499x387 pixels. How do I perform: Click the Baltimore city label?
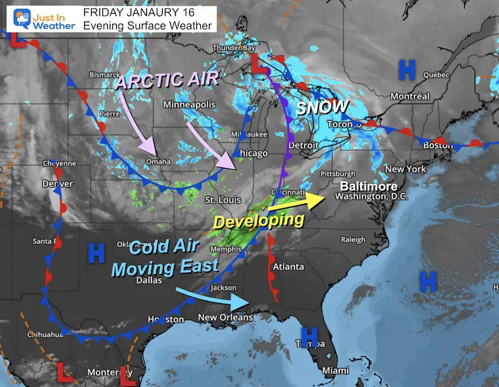pyautogui.click(x=364, y=186)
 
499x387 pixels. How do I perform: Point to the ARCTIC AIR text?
pyautogui.click(x=167, y=82)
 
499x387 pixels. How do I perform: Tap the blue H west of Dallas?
pyautogui.click(x=97, y=251)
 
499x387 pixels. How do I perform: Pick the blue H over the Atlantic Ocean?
pyautogui.click(x=427, y=281)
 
